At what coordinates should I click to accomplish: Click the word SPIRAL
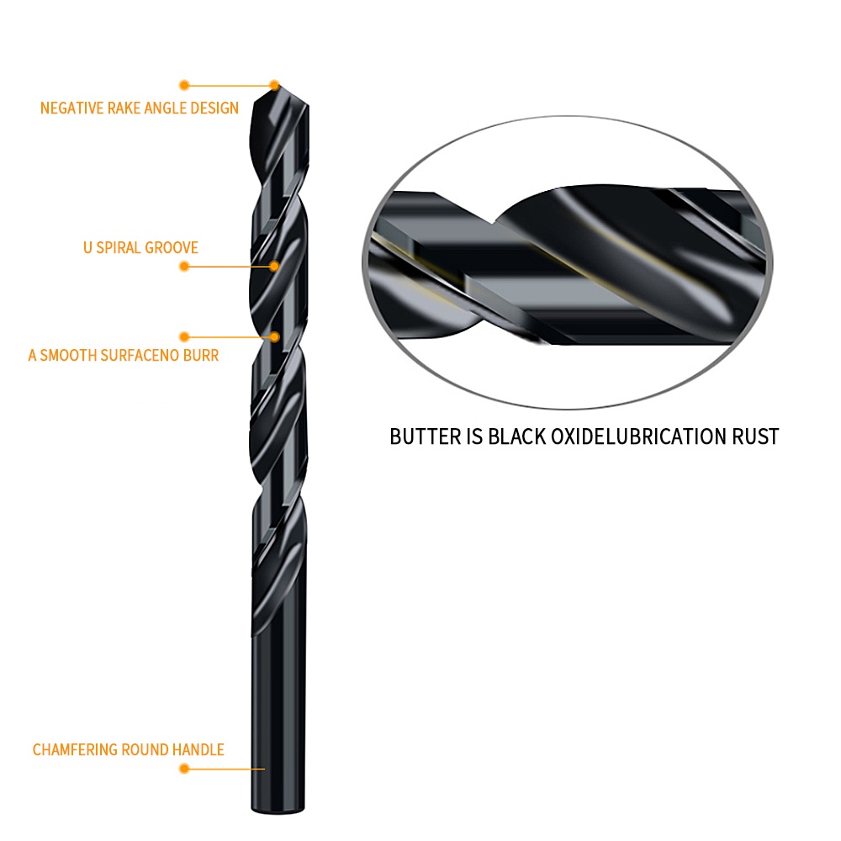pos(119,247)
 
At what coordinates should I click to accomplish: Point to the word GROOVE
pos(172,247)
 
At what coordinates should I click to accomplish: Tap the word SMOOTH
pos(71,355)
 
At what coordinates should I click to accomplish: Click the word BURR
pos(202,355)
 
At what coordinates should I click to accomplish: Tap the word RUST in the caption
pos(756,436)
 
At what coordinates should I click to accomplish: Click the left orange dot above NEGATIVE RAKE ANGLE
pos(184,85)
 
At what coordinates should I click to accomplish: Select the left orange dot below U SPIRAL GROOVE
pos(184,267)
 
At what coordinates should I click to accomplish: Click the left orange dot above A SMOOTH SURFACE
pos(184,336)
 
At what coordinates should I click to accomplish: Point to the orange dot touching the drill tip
pos(274,84)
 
